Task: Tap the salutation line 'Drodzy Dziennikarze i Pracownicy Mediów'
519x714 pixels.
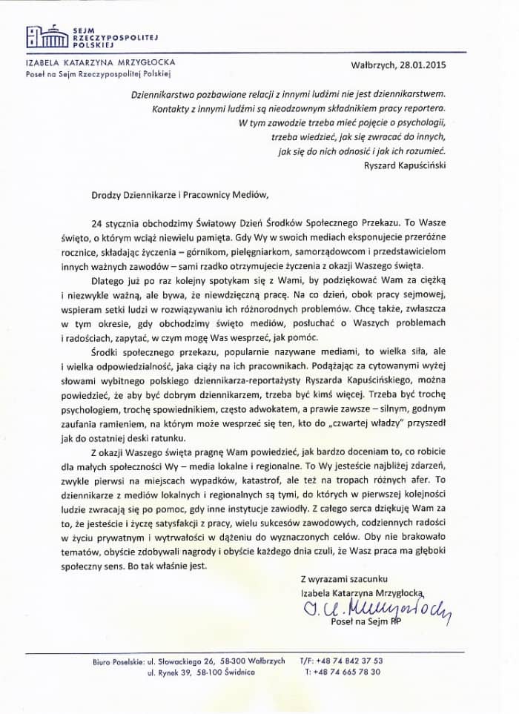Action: pos(167,196)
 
